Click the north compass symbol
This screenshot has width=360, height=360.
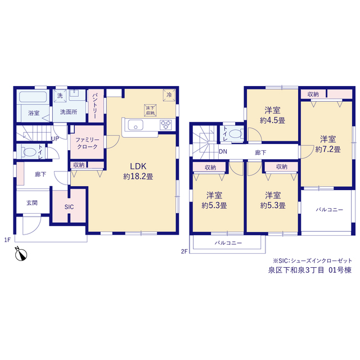coord(21,254)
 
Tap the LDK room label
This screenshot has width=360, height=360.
coord(138,166)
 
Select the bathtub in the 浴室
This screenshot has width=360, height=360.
coord(33,97)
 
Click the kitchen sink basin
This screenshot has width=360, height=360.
coord(136,125)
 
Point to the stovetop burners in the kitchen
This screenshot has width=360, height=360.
coord(166,125)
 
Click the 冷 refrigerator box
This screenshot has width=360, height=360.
coord(169,95)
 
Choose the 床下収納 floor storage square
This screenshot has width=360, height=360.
coord(150,110)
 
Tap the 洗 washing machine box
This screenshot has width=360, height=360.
coord(60,96)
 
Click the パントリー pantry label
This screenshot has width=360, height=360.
coord(95,106)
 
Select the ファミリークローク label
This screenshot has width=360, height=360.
coord(87,143)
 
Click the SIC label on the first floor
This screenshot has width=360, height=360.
coord(69,207)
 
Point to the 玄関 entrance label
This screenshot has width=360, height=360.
coord(32,202)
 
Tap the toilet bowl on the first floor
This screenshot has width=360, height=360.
coord(30,152)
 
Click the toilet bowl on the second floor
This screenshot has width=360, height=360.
coord(235,134)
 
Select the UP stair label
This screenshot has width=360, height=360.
coord(55,139)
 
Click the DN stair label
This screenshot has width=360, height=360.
coord(223,151)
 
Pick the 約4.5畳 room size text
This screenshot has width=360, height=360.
coord(272,120)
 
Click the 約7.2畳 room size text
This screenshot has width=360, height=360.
coord(328,150)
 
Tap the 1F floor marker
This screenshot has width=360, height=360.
coord(7,240)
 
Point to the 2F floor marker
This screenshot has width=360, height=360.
coord(184,251)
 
